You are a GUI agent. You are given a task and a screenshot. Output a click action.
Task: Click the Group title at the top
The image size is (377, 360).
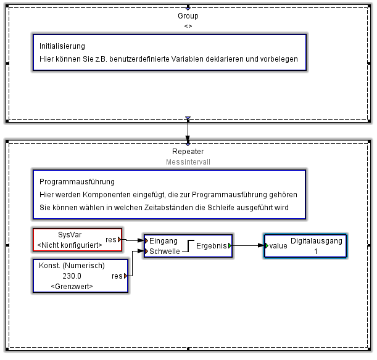(x=188, y=16)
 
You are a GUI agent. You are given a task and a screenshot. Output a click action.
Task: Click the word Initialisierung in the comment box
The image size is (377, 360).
(x=62, y=46)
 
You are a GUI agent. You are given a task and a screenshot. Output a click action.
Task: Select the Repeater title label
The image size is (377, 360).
(x=188, y=152)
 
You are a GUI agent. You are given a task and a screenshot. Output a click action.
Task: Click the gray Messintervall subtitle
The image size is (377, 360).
(x=188, y=162)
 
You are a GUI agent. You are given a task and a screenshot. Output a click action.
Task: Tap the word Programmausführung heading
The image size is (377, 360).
(x=77, y=182)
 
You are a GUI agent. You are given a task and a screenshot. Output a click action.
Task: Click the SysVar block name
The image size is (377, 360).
(x=70, y=235)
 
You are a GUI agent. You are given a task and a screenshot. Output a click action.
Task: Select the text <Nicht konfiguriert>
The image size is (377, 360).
(x=70, y=245)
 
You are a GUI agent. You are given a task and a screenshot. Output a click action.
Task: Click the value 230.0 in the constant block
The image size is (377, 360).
(x=72, y=276)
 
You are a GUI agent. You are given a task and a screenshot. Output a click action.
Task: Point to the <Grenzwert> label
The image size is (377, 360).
(x=72, y=287)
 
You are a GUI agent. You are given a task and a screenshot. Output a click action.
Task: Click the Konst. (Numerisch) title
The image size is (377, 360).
(x=72, y=266)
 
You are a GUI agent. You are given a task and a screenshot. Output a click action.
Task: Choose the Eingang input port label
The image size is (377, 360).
(x=164, y=241)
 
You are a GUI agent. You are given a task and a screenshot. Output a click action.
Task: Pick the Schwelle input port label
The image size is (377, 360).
(x=165, y=251)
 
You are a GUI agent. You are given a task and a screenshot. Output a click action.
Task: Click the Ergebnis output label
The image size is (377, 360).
(x=212, y=245)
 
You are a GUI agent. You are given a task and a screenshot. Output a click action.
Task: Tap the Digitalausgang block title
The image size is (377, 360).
(x=316, y=241)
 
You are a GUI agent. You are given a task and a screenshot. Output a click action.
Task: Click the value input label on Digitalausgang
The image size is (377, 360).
(x=278, y=245)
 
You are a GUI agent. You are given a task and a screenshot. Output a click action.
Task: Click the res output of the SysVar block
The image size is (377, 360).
(x=112, y=239)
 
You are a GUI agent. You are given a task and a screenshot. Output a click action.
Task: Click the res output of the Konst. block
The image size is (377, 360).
(x=118, y=276)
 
